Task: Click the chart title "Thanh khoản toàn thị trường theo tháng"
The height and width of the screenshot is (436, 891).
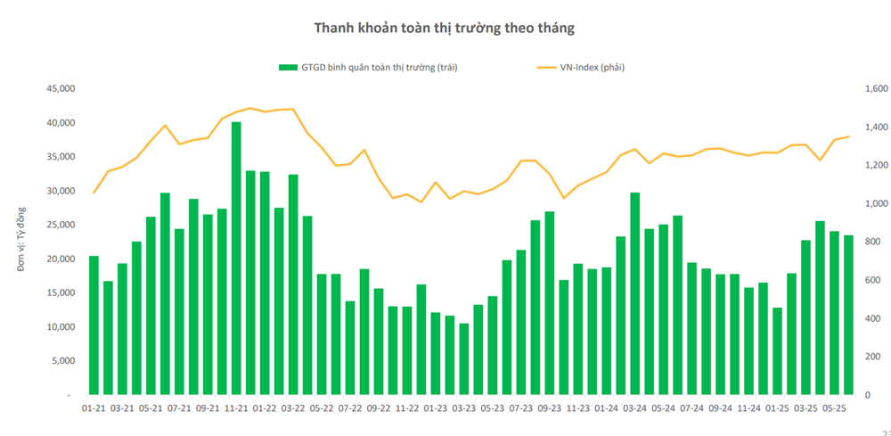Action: [x=444, y=28]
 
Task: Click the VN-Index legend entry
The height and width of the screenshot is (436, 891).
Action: [x=579, y=67]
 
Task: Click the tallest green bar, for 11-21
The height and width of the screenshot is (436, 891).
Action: [x=236, y=259]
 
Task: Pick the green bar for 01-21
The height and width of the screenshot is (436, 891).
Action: [x=94, y=325]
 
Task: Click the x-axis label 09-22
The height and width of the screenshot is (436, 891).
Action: [x=379, y=408]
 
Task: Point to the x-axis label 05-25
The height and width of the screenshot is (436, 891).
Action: [x=834, y=408]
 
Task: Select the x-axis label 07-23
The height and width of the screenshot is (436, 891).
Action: [x=521, y=408]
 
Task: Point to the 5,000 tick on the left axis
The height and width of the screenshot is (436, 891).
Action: [x=61, y=360]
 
